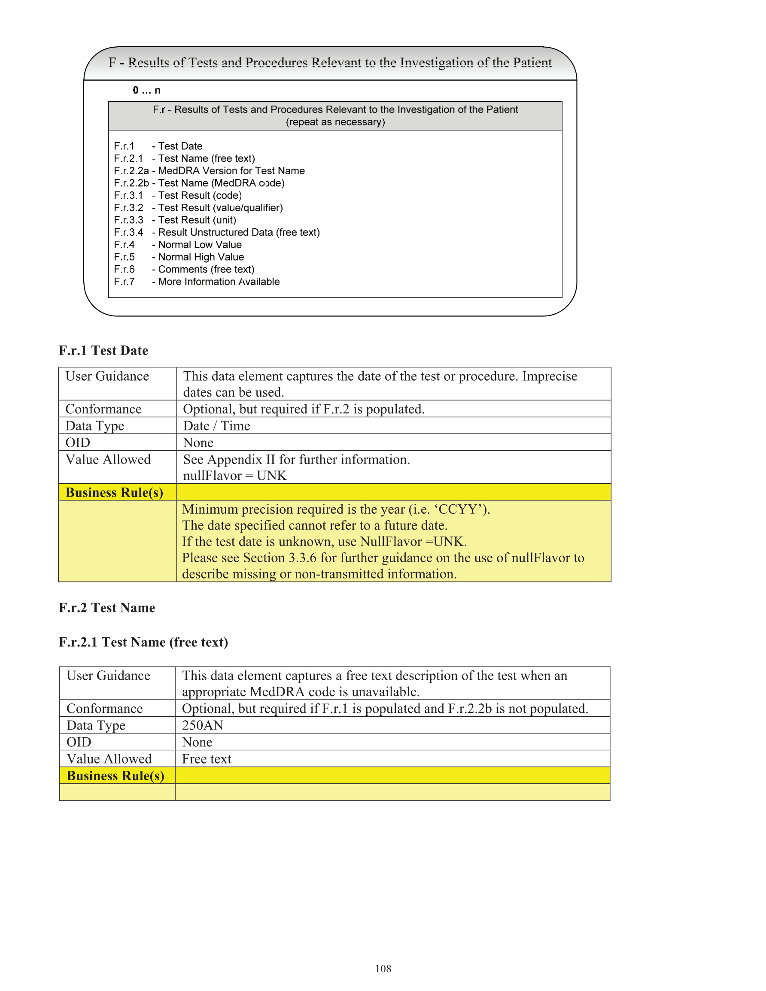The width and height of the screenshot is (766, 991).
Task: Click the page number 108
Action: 383,968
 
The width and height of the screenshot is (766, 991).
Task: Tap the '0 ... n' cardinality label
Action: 146,90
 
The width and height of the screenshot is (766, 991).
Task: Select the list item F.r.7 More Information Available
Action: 197,282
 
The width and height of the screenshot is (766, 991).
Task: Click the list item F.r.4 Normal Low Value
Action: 177,245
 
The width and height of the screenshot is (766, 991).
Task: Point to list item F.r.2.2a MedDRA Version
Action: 209,171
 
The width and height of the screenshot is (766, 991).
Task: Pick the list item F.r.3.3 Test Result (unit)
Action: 175,220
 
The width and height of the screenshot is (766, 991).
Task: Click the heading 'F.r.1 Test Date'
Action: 103,350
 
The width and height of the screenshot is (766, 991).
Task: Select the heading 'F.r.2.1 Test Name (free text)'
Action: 143,642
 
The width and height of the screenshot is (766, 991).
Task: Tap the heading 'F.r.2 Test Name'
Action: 107,608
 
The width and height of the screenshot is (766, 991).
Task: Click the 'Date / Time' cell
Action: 216,426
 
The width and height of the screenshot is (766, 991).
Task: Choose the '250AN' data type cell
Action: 203,725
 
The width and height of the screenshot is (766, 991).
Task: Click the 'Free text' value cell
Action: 207,759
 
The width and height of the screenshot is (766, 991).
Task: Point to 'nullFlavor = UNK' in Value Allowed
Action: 235,476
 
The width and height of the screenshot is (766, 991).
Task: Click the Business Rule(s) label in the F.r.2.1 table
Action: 116,776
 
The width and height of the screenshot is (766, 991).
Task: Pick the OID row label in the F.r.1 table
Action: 78,442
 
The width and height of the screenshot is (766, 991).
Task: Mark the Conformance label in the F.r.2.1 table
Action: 104,708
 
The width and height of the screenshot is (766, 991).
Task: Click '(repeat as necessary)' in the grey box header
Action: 335,122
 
